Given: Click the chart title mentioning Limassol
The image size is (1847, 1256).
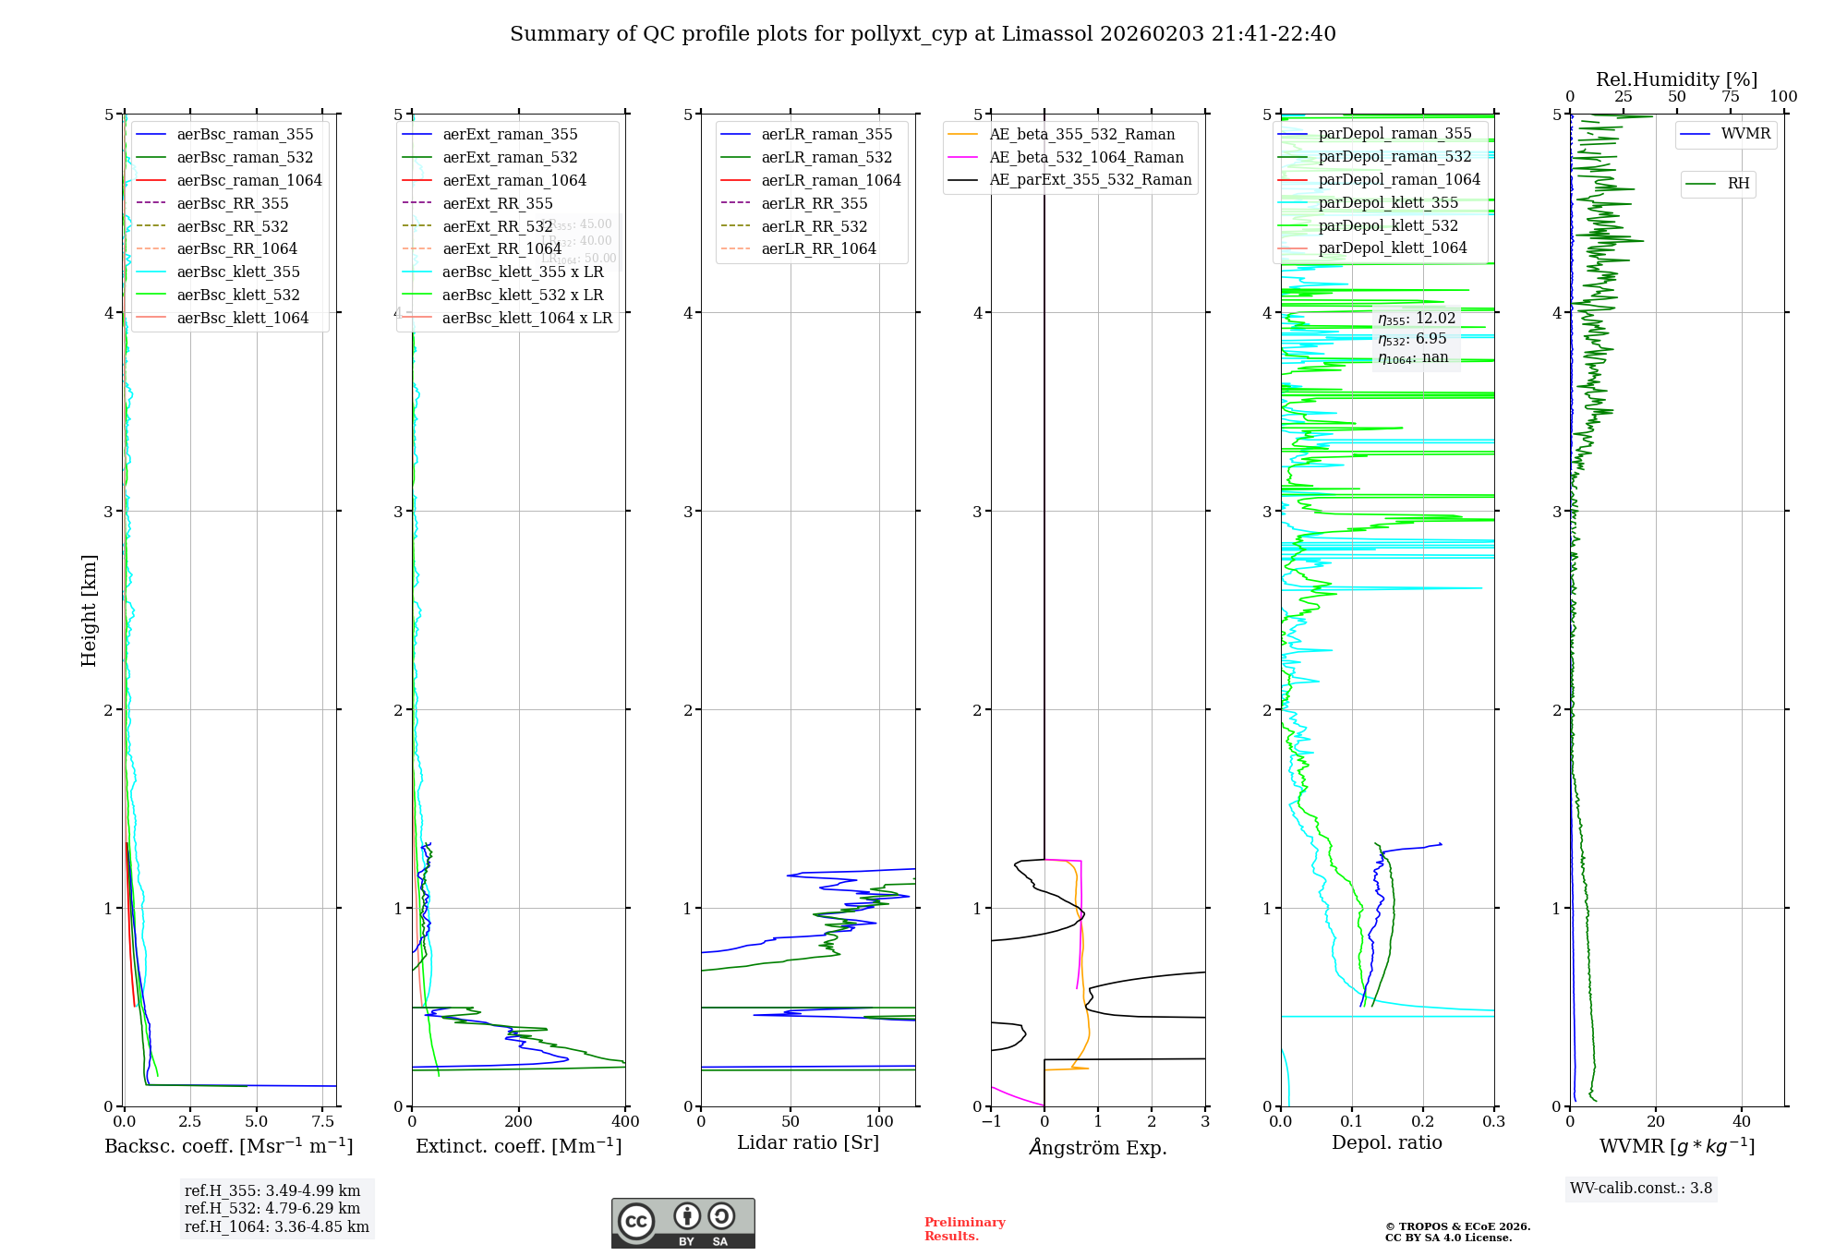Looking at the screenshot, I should [x=923, y=34].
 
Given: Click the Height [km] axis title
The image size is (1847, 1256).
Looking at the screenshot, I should [x=89, y=610].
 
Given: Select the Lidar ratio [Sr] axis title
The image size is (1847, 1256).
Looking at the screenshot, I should [x=808, y=1142].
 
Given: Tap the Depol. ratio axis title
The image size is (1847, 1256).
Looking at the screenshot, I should [x=1386, y=1142].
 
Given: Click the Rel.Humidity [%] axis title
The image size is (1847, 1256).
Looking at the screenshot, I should [x=1676, y=79].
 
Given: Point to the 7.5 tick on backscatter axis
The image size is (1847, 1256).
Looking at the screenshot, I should [x=323, y=1122].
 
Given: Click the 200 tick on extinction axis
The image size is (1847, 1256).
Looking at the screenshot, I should [x=519, y=1122].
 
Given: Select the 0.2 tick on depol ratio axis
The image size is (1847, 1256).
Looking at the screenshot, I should [x=1423, y=1122].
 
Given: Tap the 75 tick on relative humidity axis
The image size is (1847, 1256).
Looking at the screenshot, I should [x=1731, y=97].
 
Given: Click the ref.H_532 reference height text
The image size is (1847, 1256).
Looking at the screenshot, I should [x=272, y=1209].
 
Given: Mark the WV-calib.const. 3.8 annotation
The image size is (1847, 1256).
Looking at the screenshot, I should [x=1641, y=1189].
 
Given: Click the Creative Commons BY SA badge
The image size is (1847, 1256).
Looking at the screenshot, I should [x=682, y=1223].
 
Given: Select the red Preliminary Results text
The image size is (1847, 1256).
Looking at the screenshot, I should [x=964, y=1229].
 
